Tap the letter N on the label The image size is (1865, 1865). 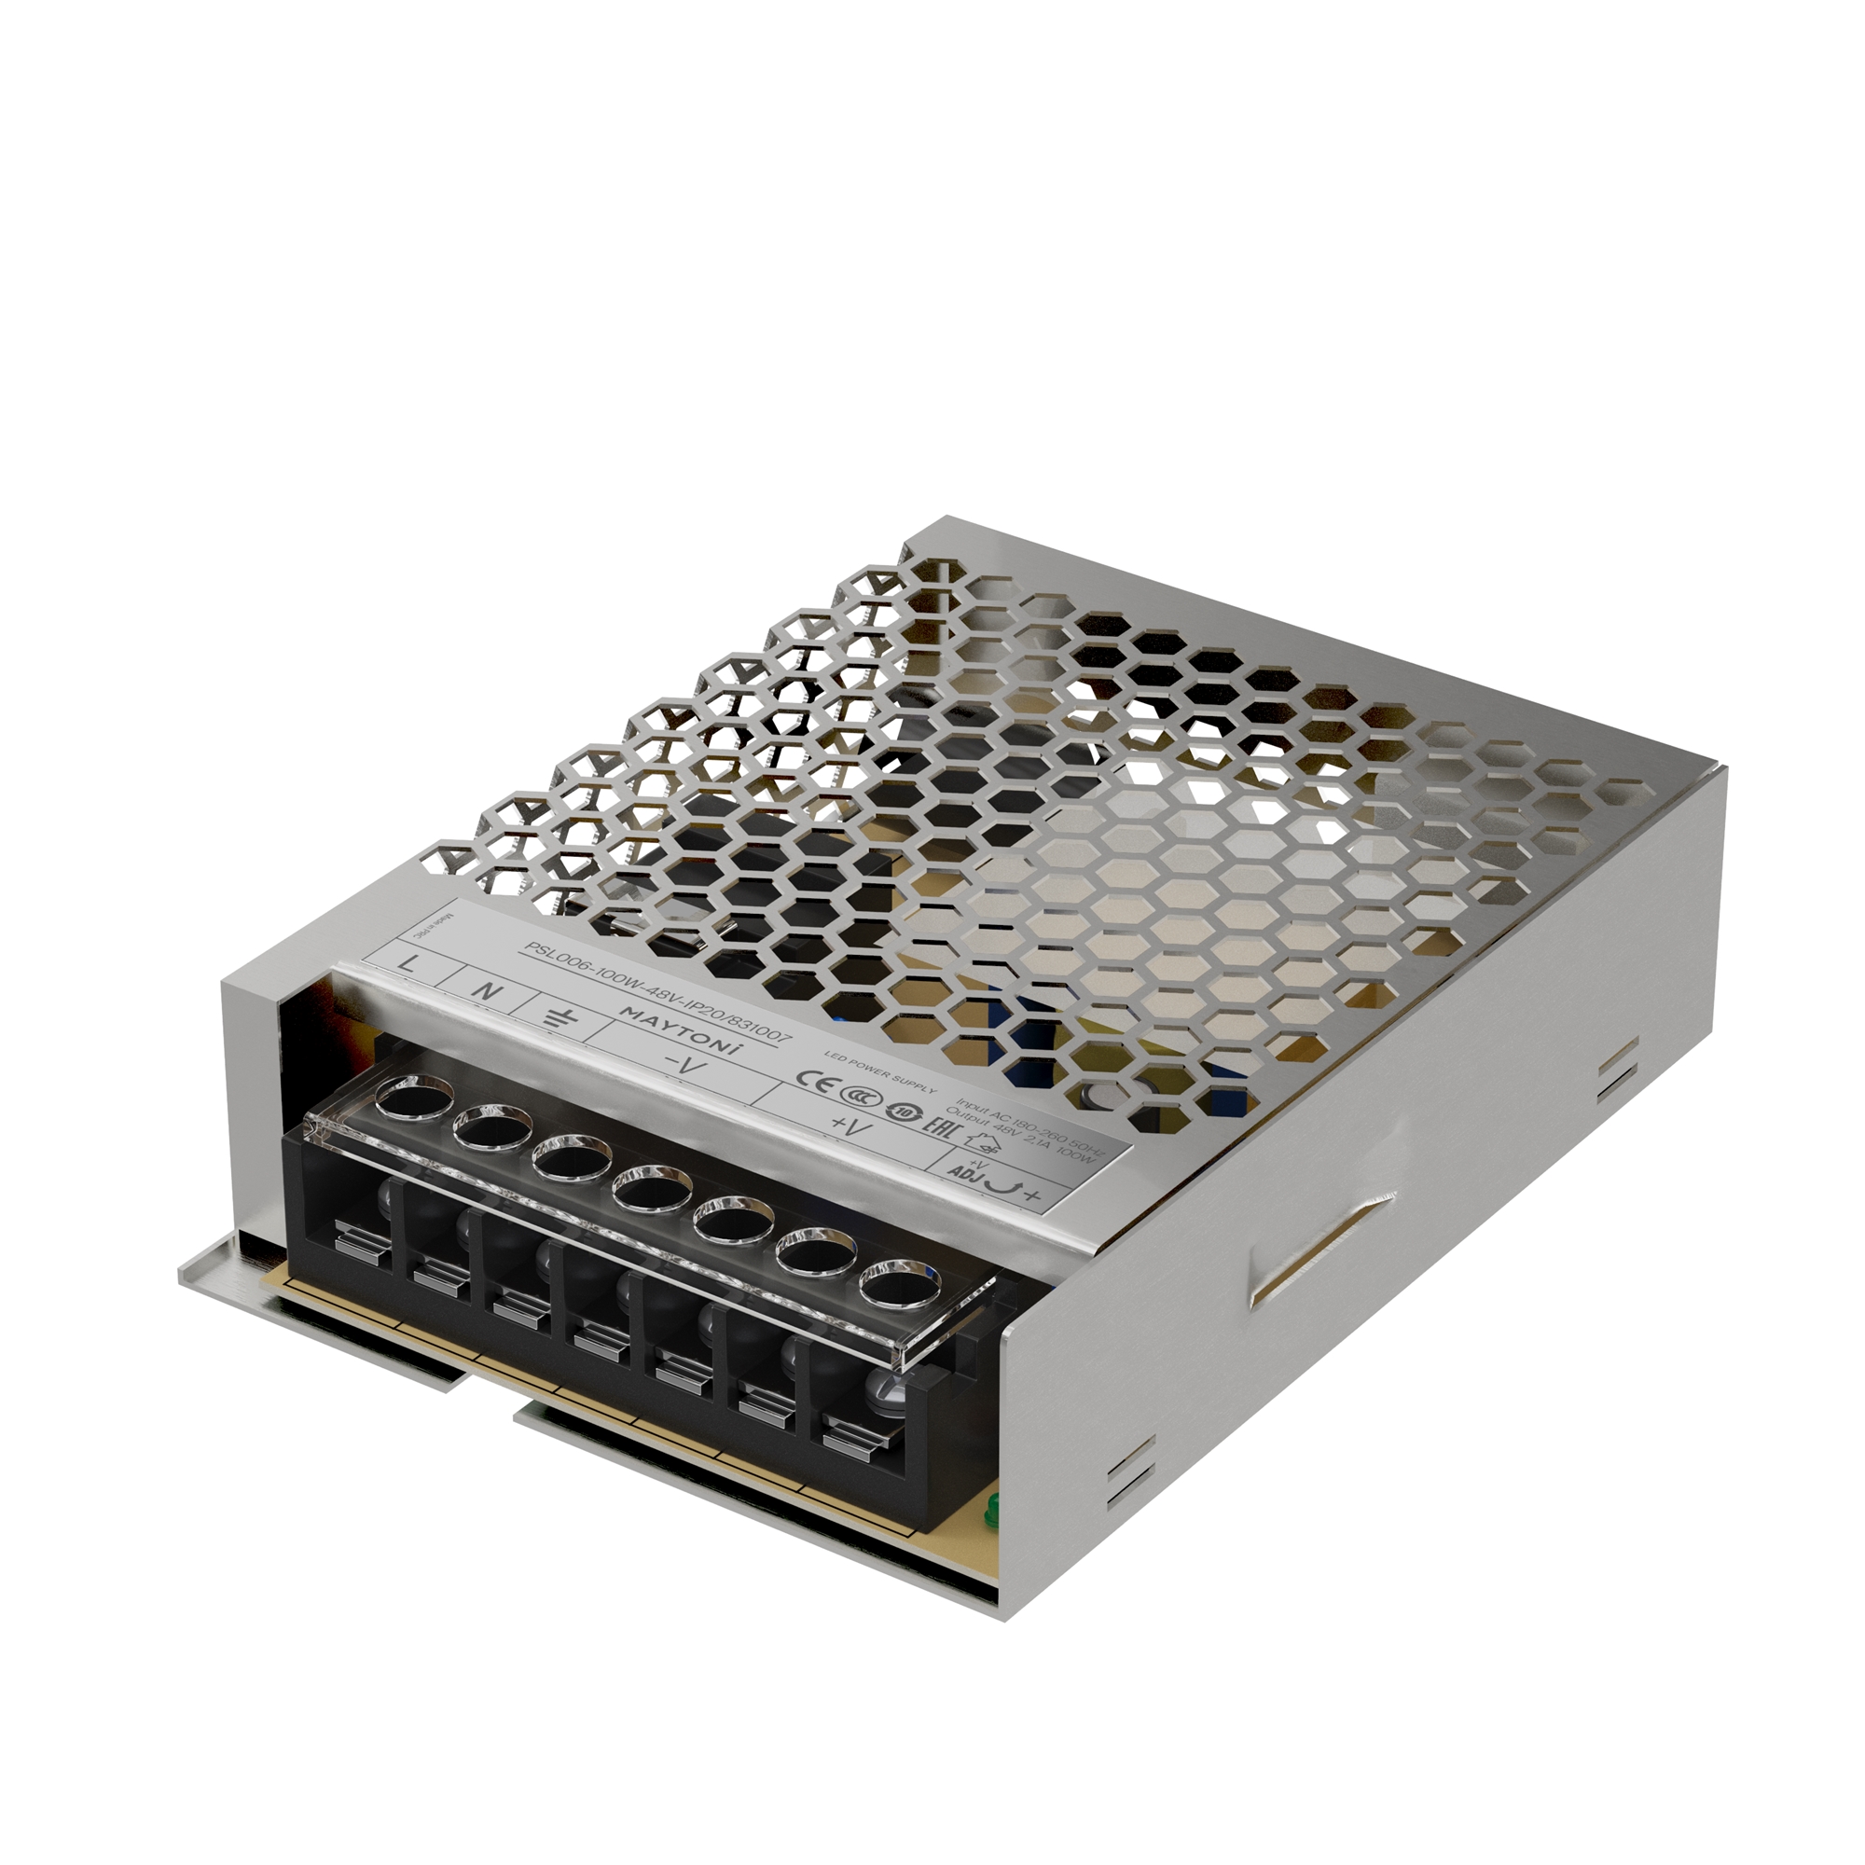tap(490, 990)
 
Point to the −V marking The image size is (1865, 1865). tap(687, 1067)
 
